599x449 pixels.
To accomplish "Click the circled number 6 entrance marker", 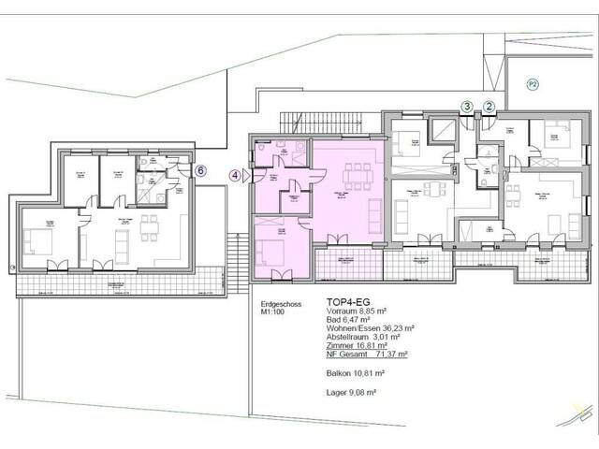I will tap(200, 170).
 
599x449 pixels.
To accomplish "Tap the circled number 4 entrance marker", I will tap(234, 173).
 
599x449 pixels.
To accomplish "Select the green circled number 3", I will tap(467, 107).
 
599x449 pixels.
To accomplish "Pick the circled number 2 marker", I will tap(489, 107).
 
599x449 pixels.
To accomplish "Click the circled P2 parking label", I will tap(533, 85).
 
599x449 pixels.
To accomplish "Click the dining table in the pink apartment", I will tap(357, 175).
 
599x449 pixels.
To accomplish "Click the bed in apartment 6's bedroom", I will tap(40, 240).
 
